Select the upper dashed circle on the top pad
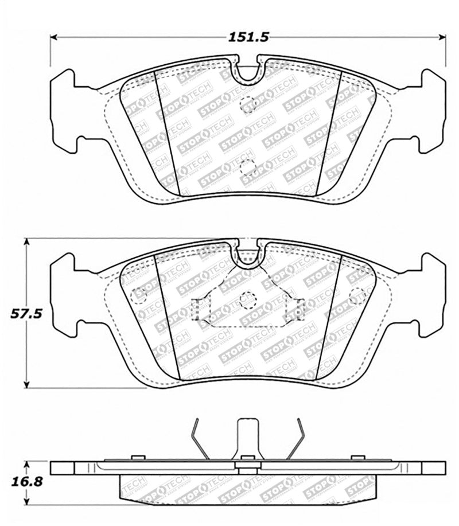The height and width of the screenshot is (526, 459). [x=247, y=105]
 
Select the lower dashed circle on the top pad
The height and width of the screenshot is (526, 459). [x=247, y=167]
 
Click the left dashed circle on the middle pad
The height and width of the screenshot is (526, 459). [x=139, y=295]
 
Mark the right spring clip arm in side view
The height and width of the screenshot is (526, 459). [x=297, y=439]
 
